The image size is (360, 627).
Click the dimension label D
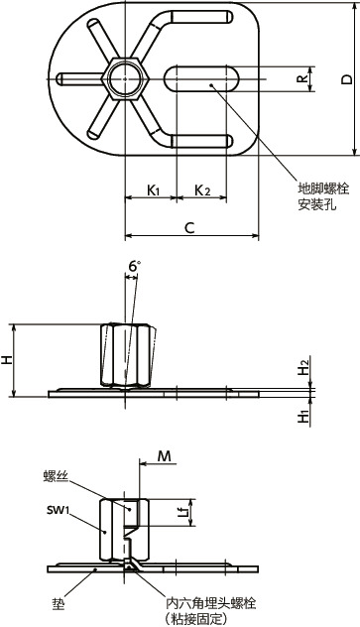[348, 78]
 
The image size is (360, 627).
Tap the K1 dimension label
[153, 189]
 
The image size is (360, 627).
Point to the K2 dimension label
[202, 189]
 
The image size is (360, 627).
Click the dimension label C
[189, 228]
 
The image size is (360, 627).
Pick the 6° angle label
[135, 266]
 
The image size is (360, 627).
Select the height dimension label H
[7, 360]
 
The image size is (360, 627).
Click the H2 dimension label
[304, 367]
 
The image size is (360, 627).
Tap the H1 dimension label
[304, 418]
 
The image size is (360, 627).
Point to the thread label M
[165, 455]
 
